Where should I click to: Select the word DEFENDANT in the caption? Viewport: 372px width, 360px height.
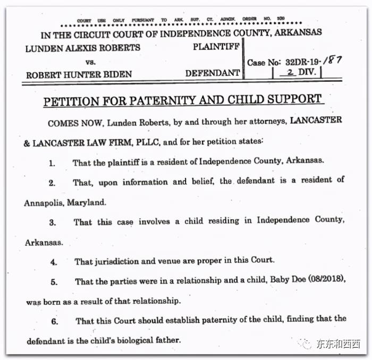click(x=213, y=73)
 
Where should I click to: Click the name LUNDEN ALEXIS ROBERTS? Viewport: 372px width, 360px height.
click(x=82, y=48)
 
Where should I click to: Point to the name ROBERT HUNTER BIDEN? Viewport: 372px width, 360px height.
click(x=79, y=74)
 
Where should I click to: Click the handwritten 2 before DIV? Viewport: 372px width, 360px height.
click(x=290, y=73)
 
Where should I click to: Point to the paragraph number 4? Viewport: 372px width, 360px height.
click(x=54, y=262)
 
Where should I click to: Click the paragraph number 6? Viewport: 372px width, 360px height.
click(x=55, y=321)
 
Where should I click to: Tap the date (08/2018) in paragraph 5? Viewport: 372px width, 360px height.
click(x=323, y=281)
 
